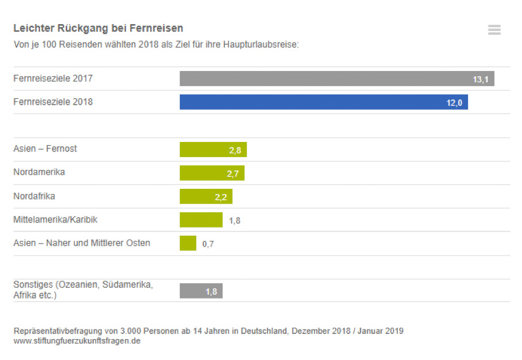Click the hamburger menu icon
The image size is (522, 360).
tap(494, 30)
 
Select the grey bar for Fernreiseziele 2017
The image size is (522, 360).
tap(336, 79)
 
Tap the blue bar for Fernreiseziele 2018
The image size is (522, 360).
tap(323, 102)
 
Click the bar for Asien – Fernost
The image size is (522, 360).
tap(213, 150)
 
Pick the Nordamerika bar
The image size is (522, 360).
tap(212, 173)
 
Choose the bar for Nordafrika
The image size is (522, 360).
tap(206, 196)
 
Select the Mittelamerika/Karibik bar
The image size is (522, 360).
tap(201, 220)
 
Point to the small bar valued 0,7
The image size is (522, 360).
tap(188, 243)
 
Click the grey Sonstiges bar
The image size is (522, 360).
tap(201, 291)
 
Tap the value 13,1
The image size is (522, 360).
tap(480, 80)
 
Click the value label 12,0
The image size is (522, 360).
tap(454, 103)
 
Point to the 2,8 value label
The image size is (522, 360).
tap(235, 151)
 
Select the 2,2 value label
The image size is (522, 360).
tap(221, 198)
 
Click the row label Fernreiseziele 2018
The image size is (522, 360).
tap(53, 102)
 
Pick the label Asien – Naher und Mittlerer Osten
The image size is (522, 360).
tap(82, 243)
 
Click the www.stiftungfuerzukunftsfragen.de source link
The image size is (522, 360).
tap(77, 341)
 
